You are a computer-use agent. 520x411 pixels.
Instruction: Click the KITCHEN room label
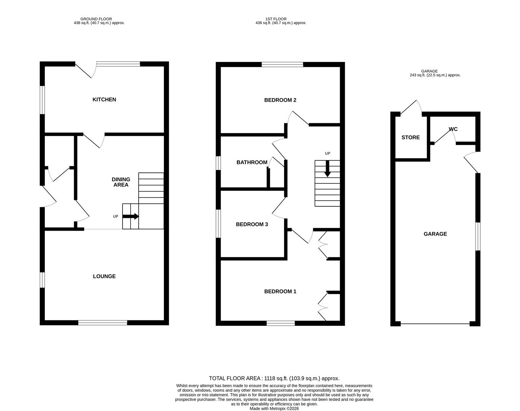[104, 100]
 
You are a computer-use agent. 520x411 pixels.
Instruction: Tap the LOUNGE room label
[104, 276]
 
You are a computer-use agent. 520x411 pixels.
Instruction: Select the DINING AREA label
[121, 182]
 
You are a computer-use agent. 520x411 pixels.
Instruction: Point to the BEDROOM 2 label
[280, 100]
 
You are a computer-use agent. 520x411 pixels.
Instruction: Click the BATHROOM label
[252, 162]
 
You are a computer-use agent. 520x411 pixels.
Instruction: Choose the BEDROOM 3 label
[252, 225]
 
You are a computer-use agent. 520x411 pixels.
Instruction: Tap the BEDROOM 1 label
[280, 292]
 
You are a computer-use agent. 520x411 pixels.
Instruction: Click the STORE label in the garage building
[410, 137]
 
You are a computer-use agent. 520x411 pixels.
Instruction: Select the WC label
[453, 129]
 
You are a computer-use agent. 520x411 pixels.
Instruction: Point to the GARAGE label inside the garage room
[435, 234]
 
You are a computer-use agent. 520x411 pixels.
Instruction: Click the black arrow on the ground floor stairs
[131, 217]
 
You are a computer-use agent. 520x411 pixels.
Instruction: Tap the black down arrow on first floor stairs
[327, 169]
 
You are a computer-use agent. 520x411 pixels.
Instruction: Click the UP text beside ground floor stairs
[116, 217]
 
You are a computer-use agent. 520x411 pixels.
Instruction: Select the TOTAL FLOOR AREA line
[274, 378]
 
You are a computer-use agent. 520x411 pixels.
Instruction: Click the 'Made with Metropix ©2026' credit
[274, 409]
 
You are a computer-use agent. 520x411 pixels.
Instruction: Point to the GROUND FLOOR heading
[96, 19]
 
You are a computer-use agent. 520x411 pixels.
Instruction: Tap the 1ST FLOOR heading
[276, 19]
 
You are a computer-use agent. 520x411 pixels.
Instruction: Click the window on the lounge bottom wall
[103, 323]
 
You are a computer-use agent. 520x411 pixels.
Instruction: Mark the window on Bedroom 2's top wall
[282, 64]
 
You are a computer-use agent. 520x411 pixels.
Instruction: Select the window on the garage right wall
[478, 236]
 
